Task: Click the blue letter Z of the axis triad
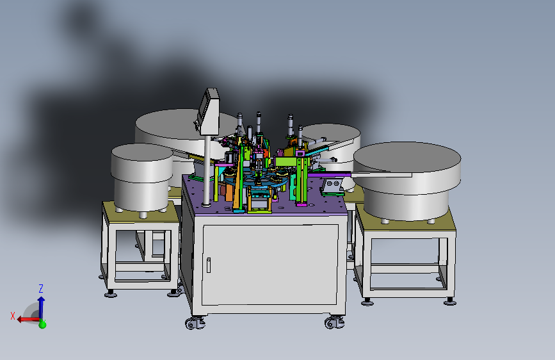click(x=41, y=288)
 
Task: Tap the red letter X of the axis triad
click(x=13, y=316)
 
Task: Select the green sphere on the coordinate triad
click(x=42, y=324)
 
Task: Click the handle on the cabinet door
click(x=209, y=265)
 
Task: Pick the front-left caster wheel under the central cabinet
click(x=194, y=323)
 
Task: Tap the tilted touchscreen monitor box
click(x=209, y=111)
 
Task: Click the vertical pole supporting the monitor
click(x=207, y=170)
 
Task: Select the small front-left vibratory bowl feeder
click(x=141, y=177)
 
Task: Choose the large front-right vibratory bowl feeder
click(x=407, y=180)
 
